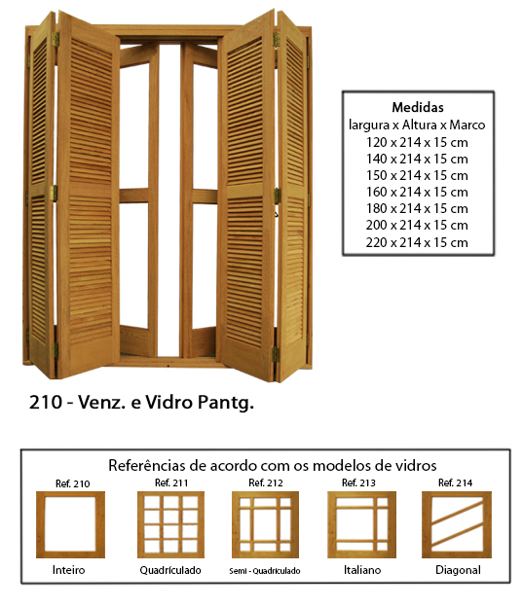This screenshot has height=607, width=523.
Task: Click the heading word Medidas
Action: pyautogui.click(x=418, y=107)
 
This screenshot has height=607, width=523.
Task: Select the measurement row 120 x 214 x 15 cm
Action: pyautogui.click(x=417, y=142)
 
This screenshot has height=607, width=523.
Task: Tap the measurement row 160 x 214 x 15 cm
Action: pyautogui.click(x=417, y=192)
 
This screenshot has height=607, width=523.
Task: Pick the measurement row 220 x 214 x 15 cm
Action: pyautogui.click(x=417, y=243)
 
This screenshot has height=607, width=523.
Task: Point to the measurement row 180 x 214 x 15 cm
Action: pyautogui.click(x=417, y=208)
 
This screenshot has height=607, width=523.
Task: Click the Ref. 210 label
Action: pyautogui.click(x=72, y=483)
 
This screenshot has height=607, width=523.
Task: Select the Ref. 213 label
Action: pyautogui.click(x=358, y=482)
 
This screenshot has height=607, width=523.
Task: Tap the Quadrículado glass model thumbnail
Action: pyautogui.click(x=171, y=524)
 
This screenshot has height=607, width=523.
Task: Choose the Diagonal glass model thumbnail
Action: pyautogui.click(x=457, y=524)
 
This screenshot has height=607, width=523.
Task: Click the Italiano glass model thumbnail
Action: pyautogui.click(x=361, y=524)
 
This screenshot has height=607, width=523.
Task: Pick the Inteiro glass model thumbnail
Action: pyautogui.click(x=70, y=524)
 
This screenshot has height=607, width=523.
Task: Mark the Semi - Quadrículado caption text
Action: pyautogui.click(x=265, y=571)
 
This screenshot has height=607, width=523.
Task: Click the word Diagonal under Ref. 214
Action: pyautogui.click(x=458, y=570)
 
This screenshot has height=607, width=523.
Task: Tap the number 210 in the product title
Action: pyautogui.click(x=46, y=402)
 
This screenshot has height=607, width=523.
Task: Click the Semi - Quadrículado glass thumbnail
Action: pyautogui.click(x=266, y=524)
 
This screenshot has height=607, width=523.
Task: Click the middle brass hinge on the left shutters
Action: pyautogui.click(x=54, y=194)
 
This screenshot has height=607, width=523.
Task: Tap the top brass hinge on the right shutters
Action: pyautogui.click(x=276, y=40)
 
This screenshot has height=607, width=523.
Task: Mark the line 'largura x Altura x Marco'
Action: pyautogui.click(x=417, y=125)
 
